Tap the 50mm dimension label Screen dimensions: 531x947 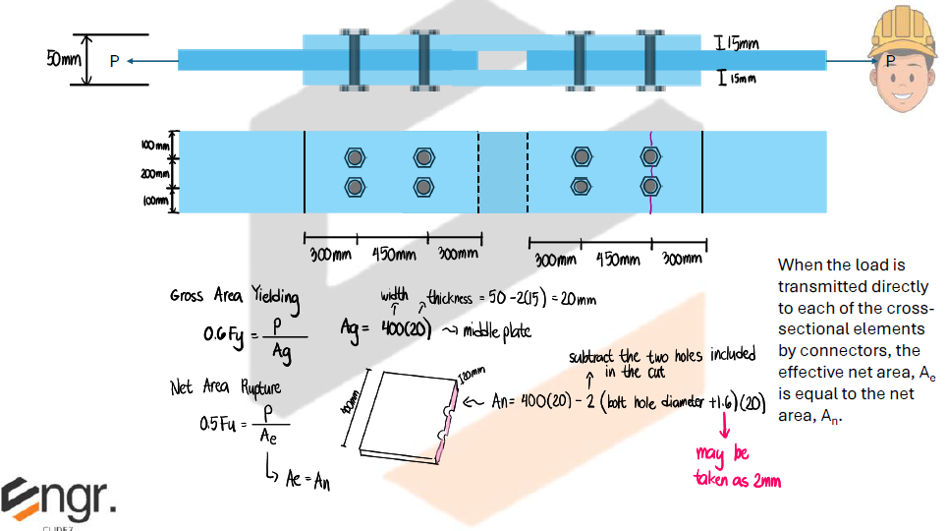coord(64,59)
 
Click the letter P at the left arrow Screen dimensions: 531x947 coord(114,61)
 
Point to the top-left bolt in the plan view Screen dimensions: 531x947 coord(355,157)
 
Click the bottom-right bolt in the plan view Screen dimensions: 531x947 coord(649,186)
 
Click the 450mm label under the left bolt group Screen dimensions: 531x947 coord(392,254)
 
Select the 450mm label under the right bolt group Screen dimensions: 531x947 coord(616,260)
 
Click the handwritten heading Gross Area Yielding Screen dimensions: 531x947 coord(235,296)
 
